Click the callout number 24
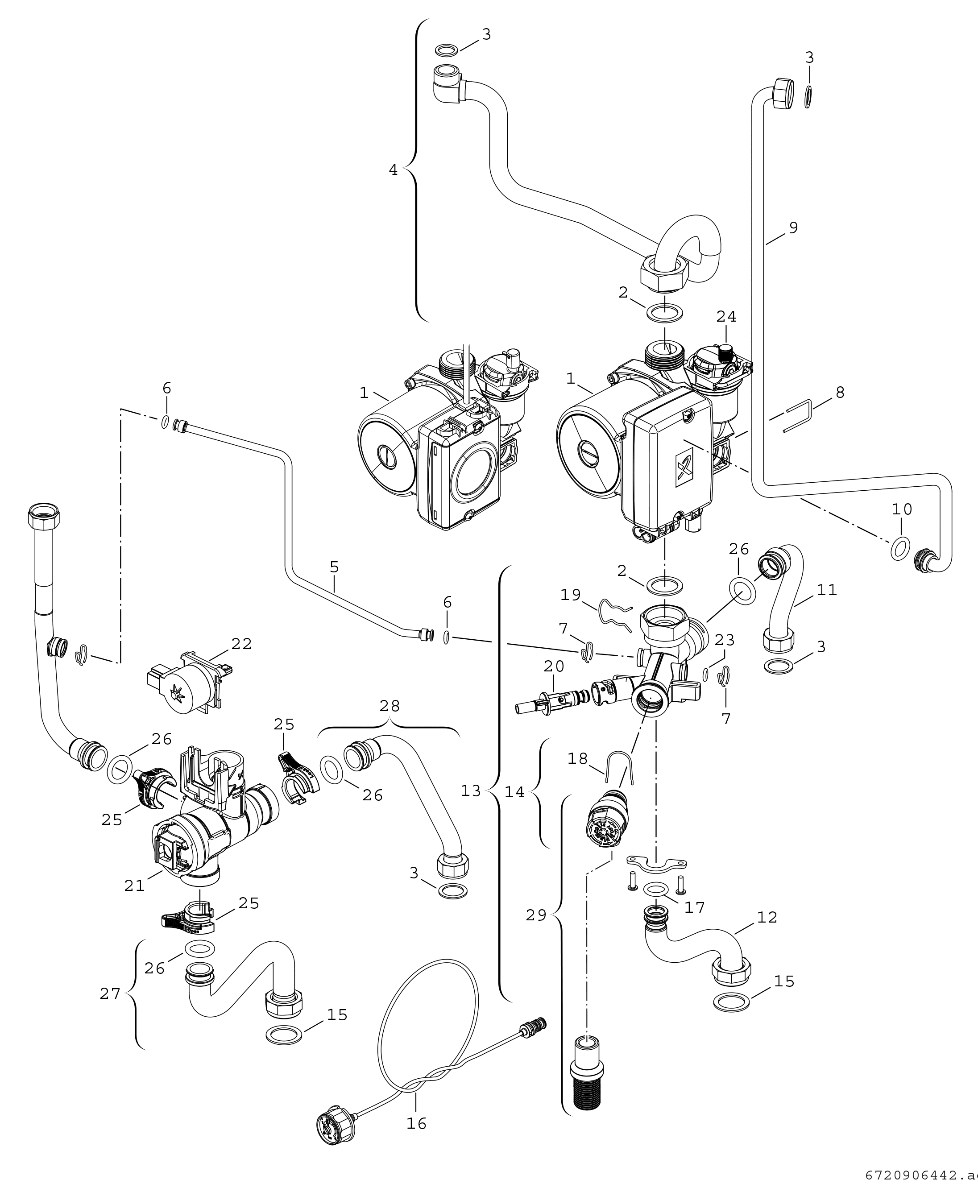pos(726,317)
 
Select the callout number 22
pos(242,644)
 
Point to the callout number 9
pos(793,228)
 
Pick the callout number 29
pos(536,916)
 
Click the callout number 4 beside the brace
pos(393,170)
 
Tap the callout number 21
pos(135,886)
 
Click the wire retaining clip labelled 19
pos(615,612)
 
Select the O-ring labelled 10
pos(899,548)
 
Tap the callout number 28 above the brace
pos(390,706)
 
